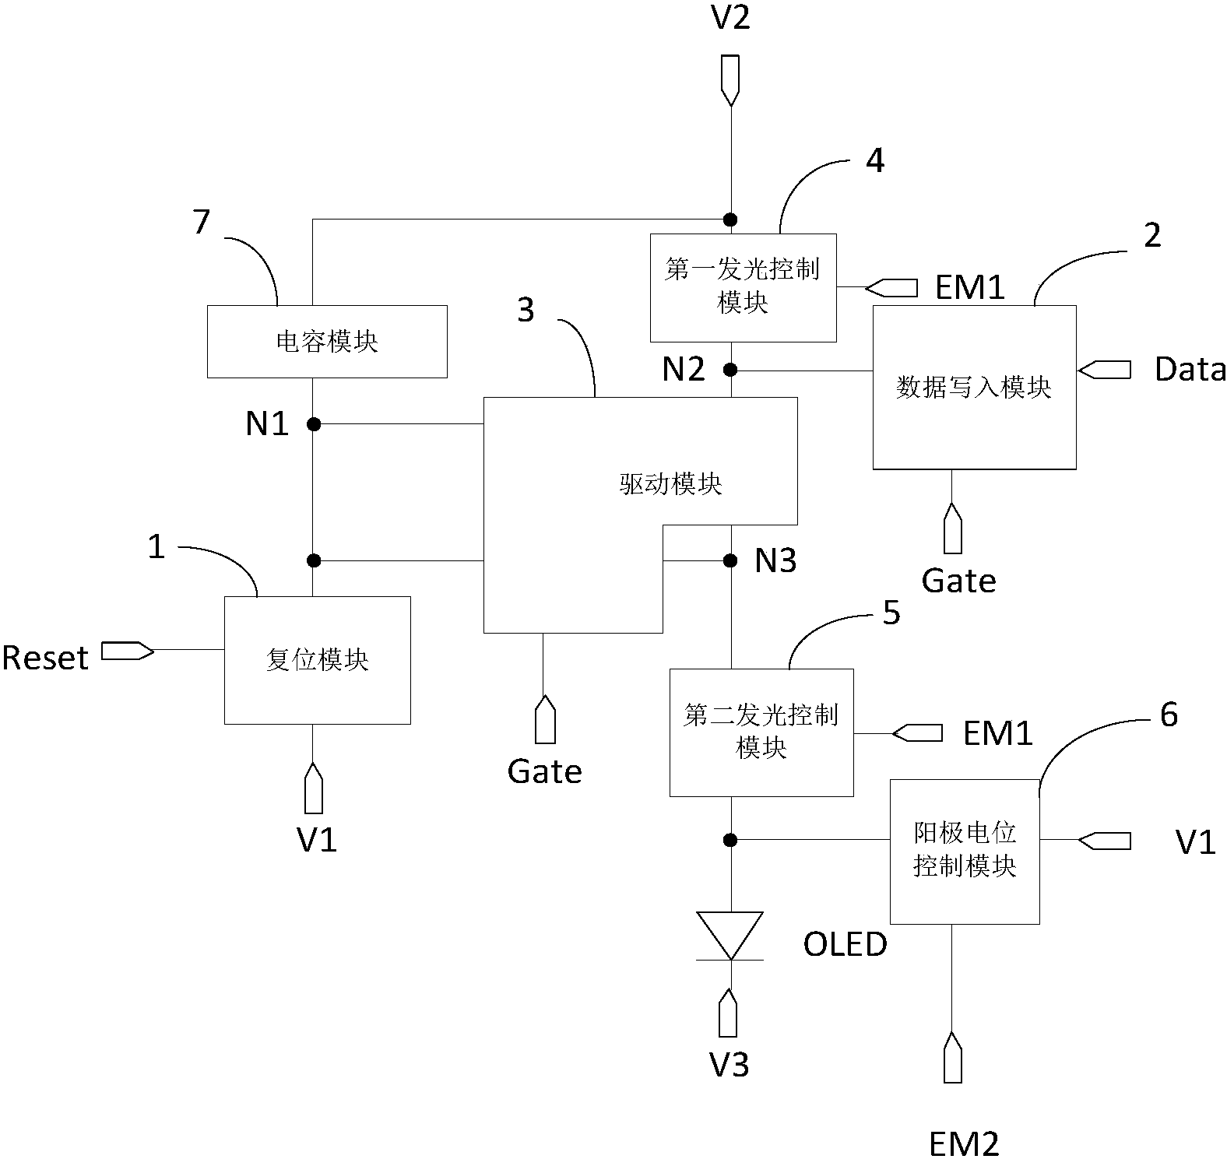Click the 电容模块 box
[327, 342]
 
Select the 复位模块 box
[317, 660]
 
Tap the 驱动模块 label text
[670, 484]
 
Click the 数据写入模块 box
[974, 387]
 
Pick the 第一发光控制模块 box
[743, 287]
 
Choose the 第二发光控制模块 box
[761, 732]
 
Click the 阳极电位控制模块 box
[964, 851]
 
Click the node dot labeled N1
[313, 424]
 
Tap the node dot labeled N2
[730, 370]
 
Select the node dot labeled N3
[730, 560]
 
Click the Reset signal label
[45, 659]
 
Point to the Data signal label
[1189, 369]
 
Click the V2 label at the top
[730, 17]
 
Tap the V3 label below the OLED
[730, 1065]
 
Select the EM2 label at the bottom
[963, 1143]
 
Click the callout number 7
[202, 223]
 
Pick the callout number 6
[1169, 715]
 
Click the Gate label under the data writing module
[958, 581]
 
